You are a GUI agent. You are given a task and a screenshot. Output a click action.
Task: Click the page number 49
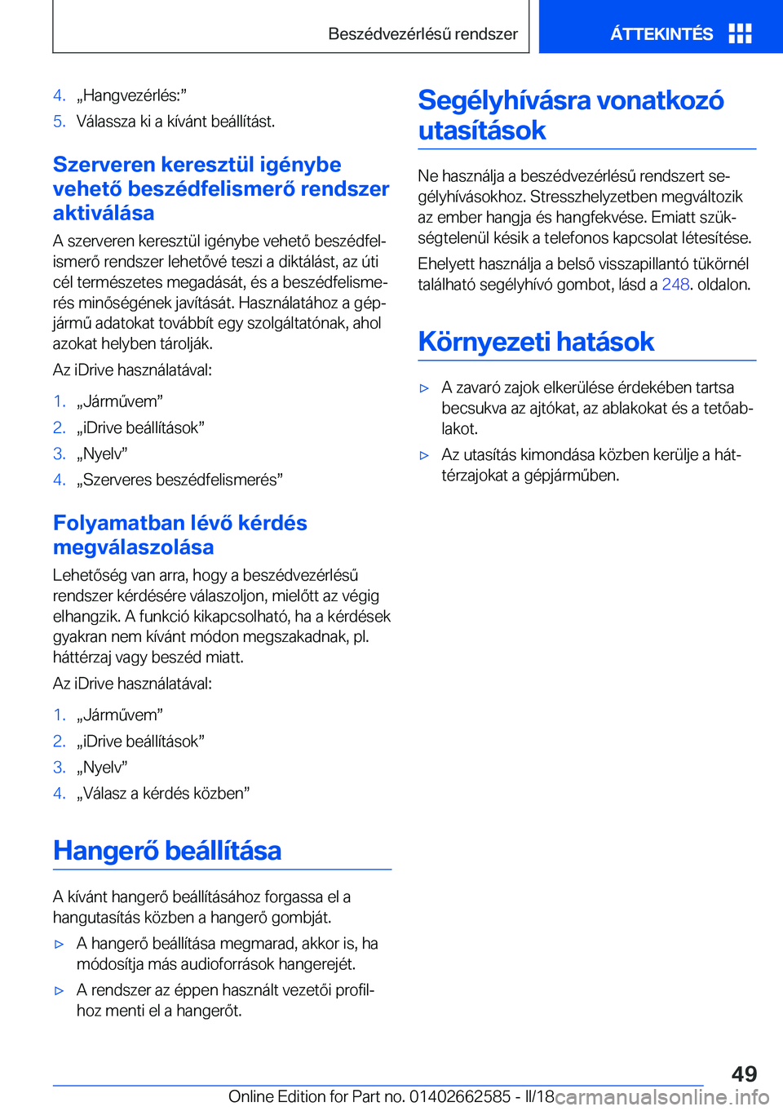[x=744, y=1073]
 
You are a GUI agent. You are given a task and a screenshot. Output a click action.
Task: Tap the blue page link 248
[x=675, y=285]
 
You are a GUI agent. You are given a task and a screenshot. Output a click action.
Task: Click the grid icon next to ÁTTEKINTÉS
[x=740, y=33]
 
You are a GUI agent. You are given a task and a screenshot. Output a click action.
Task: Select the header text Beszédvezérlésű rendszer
[x=422, y=34]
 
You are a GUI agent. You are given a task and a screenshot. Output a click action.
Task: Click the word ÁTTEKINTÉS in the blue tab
[x=661, y=34]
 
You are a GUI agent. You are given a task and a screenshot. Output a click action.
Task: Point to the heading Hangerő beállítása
[x=167, y=851]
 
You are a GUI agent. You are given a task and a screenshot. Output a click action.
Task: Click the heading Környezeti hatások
[x=536, y=342]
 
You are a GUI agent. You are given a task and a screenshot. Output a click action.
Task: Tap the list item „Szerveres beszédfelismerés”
[x=179, y=480]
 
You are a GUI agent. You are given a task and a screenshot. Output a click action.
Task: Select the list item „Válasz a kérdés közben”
[x=163, y=793]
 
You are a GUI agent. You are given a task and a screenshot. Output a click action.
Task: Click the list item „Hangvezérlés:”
[x=131, y=95]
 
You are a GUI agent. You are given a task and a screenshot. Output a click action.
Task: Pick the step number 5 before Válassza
[x=59, y=122]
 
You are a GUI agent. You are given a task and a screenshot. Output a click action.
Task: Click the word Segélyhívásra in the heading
[x=504, y=100]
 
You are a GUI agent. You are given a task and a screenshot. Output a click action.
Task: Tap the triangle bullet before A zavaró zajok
[x=424, y=388]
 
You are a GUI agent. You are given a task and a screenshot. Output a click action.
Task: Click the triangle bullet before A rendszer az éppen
[x=59, y=991]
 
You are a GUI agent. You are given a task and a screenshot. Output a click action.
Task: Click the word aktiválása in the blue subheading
[x=104, y=213]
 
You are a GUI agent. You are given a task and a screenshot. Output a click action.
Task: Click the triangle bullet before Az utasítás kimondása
[x=424, y=455]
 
